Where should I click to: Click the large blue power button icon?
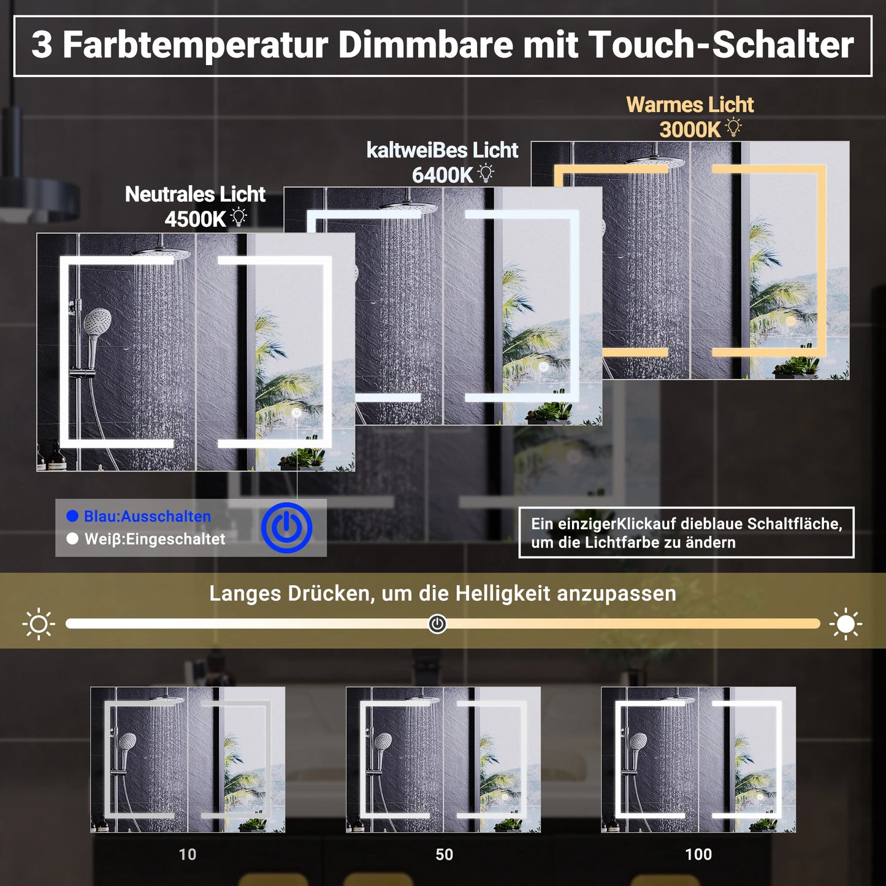(x=286, y=527)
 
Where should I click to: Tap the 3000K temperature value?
(x=690, y=130)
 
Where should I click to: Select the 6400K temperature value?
(x=442, y=175)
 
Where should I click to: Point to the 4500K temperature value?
(x=195, y=219)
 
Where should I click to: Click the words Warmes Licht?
(x=690, y=105)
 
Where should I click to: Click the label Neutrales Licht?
(x=195, y=194)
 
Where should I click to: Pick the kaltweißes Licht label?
(x=442, y=150)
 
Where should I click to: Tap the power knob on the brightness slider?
(x=437, y=624)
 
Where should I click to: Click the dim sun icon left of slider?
(x=39, y=624)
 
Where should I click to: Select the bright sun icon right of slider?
(x=846, y=624)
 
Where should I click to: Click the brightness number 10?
(x=188, y=854)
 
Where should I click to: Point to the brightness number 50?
(x=444, y=854)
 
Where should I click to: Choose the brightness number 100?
(x=698, y=854)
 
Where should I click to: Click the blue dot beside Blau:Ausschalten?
(x=72, y=516)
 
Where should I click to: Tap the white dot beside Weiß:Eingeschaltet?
(x=72, y=538)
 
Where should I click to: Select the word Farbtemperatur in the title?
(x=196, y=45)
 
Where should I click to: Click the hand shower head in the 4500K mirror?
(x=98, y=319)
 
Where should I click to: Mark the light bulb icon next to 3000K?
(x=733, y=128)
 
